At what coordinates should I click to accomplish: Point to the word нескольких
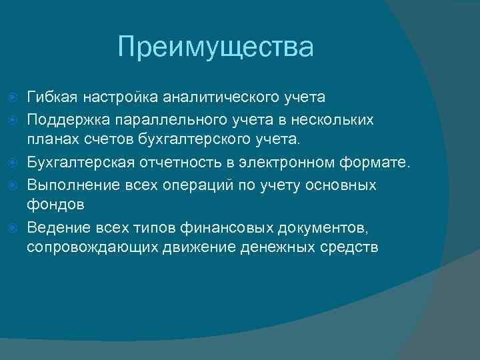pyautogui.click(x=341, y=119)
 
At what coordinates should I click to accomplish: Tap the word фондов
pyautogui.click(x=55, y=205)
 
